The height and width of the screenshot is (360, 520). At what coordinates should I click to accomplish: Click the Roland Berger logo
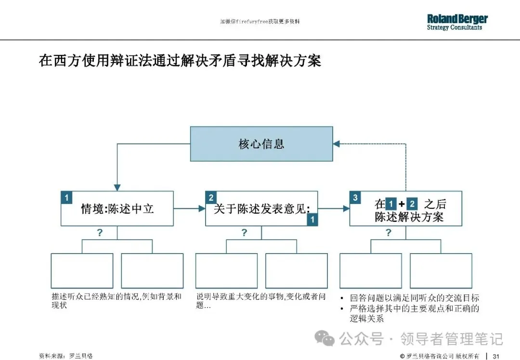(457, 22)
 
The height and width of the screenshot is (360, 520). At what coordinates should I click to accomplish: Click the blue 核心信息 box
(261, 144)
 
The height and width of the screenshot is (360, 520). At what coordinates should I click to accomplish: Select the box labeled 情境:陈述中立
(117, 208)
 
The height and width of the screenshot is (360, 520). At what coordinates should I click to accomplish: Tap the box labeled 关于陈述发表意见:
(261, 208)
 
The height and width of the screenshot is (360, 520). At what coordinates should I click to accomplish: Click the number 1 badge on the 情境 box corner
(66, 197)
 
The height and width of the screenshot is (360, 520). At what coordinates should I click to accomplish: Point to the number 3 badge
(355, 197)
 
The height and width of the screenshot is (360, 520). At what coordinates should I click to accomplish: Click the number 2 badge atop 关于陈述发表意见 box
(211, 197)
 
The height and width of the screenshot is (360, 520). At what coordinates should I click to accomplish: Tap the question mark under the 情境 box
(100, 233)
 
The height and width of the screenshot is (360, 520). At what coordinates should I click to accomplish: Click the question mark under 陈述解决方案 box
(389, 233)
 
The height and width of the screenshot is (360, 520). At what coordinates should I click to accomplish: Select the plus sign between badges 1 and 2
(402, 204)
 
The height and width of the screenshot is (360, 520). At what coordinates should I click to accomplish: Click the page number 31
(496, 356)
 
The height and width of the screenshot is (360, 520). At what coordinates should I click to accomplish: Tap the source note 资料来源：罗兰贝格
(65, 356)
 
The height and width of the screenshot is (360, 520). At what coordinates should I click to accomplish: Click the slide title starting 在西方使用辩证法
(180, 61)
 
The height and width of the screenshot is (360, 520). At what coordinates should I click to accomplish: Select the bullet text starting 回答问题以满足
(414, 298)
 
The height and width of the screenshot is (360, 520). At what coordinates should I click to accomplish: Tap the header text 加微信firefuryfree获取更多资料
(260, 22)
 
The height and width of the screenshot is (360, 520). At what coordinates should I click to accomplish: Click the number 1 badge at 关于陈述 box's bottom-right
(312, 219)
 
